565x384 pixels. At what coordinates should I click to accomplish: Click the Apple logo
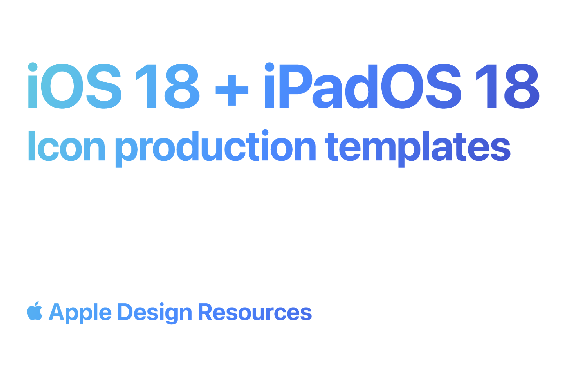tap(35, 312)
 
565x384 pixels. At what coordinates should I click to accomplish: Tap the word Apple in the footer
tap(80, 313)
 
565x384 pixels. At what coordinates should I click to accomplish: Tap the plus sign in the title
tap(232, 90)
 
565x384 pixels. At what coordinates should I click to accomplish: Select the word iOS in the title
tap(75, 86)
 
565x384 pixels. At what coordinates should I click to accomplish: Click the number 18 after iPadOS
tap(507, 86)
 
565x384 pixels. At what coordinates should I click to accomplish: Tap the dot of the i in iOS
tap(33, 67)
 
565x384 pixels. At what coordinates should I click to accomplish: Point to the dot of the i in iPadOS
tap(269, 67)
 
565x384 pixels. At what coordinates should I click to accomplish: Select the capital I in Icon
tap(32, 146)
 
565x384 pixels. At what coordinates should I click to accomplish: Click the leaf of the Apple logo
tap(37, 303)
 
